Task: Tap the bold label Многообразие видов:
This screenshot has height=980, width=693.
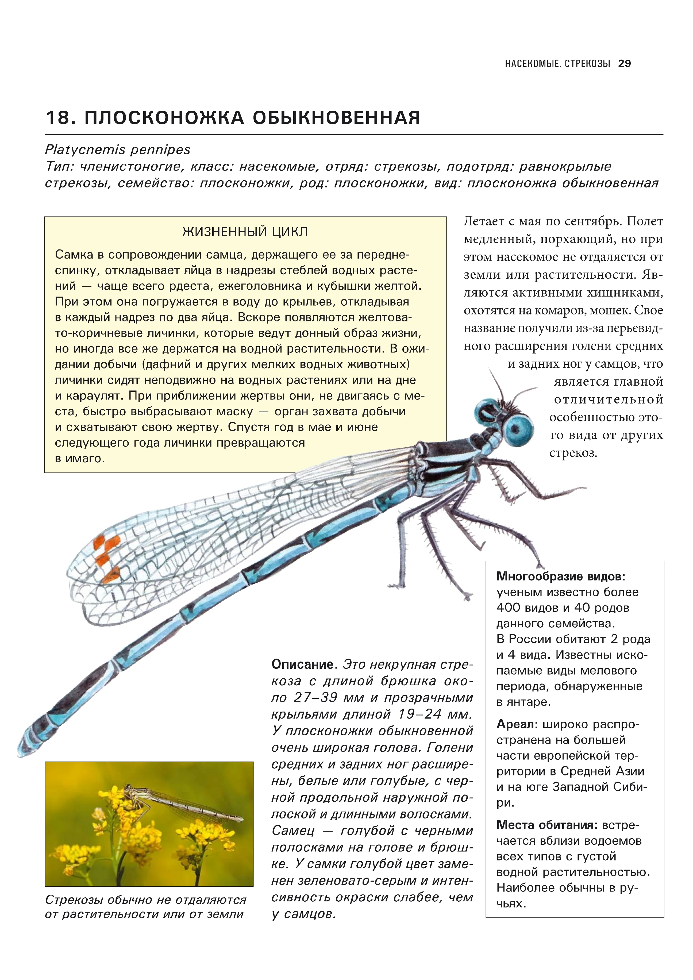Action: (561, 577)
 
